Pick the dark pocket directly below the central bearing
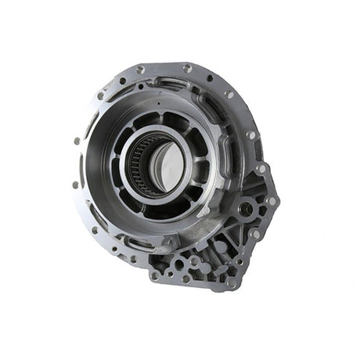160,204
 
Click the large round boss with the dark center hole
246,209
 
